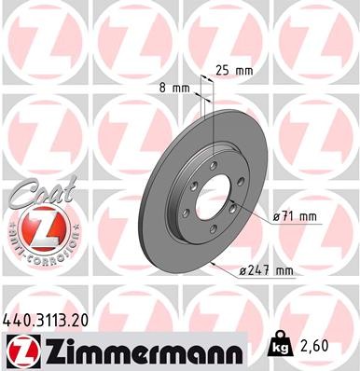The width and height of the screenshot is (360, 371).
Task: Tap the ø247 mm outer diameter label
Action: click(x=267, y=271)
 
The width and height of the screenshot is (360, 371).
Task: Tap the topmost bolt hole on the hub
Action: click(x=214, y=165)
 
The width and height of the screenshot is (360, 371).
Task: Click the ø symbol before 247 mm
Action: click(x=244, y=271)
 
